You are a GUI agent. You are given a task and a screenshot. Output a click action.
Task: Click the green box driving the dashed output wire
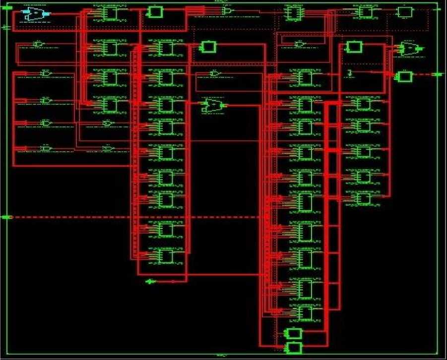pyautogui.click(x=404, y=76)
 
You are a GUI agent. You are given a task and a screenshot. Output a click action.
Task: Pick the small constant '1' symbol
pyautogui.click(x=350, y=73)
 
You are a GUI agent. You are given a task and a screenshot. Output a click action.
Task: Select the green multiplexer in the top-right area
pyautogui.click(x=410, y=49)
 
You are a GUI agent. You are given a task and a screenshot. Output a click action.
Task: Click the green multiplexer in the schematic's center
pyautogui.click(x=212, y=106)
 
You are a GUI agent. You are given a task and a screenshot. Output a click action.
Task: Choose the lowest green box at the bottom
pyautogui.click(x=294, y=347)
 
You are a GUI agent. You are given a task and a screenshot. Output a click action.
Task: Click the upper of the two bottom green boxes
pyautogui.click(x=294, y=333)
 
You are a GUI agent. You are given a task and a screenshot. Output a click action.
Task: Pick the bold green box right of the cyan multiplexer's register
pyautogui.click(x=154, y=12)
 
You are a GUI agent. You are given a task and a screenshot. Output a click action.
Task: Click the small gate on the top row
pyautogui.click(x=227, y=10)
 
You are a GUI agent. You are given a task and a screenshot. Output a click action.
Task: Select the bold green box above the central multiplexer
pyautogui.click(x=208, y=47)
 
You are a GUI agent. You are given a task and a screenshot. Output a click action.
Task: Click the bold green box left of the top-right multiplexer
pyautogui.click(x=354, y=47)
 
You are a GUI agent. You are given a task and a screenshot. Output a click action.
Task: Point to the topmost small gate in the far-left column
pyautogui.click(x=38, y=45)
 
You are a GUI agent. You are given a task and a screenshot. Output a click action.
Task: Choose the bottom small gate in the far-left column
pyautogui.click(x=46, y=148)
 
